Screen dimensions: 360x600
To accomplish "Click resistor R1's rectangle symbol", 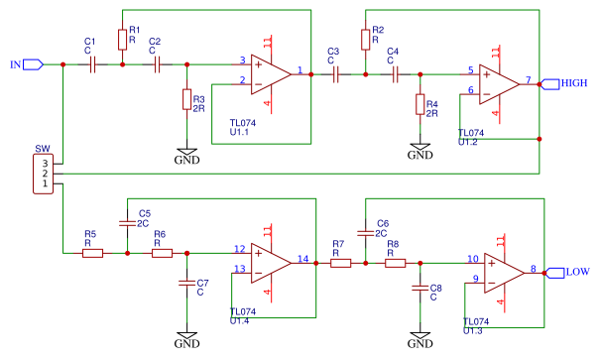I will (x=122, y=38).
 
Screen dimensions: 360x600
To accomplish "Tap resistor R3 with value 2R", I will (x=186, y=98).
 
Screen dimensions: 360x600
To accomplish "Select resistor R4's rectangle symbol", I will (x=419, y=105).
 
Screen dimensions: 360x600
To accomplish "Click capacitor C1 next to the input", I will (x=91, y=64).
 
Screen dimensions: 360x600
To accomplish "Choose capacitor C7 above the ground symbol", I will (x=185, y=284).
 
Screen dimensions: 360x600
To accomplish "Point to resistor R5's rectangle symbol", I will (x=91, y=253).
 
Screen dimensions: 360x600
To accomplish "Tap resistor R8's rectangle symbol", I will (x=395, y=263).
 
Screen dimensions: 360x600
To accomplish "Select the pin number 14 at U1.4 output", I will (x=303, y=260).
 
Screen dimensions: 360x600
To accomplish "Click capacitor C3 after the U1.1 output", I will (x=335, y=73).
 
